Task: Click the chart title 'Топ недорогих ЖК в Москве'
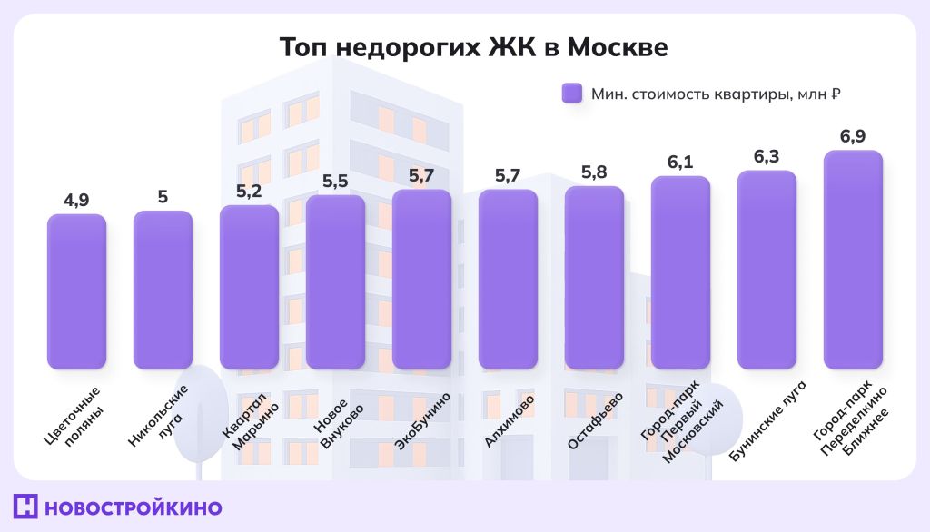click(472, 47)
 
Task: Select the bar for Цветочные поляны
click(76, 292)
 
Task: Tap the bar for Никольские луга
click(163, 291)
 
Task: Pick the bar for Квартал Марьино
click(249, 288)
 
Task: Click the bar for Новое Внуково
click(335, 282)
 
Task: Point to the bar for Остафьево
click(594, 278)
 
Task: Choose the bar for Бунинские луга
click(767, 270)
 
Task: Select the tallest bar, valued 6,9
click(853, 260)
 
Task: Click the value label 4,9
click(76, 200)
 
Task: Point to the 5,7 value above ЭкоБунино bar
click(421, 175)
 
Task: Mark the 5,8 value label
click(594, 172)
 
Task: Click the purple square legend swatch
click(571, 94)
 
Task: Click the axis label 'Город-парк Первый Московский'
click(687, 423)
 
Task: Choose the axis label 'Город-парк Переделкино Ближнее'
click(855, 422)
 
